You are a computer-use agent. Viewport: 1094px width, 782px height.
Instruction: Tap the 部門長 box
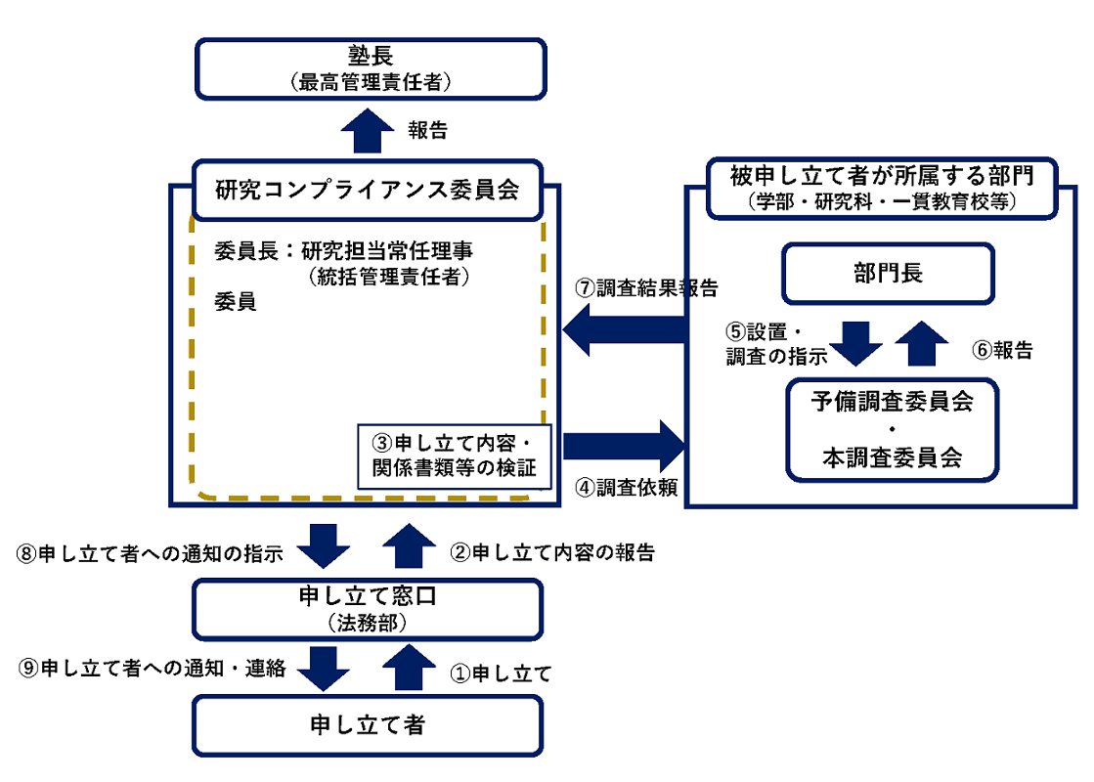888,273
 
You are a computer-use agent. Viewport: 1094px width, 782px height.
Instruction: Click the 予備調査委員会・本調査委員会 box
892,430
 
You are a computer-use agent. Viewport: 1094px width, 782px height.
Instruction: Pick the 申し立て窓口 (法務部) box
368,609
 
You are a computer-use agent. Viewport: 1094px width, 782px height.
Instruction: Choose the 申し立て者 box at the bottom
368,724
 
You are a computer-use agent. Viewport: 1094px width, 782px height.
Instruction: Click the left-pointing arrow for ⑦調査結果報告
623,329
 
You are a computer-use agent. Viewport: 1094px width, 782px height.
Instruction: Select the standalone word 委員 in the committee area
235,302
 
